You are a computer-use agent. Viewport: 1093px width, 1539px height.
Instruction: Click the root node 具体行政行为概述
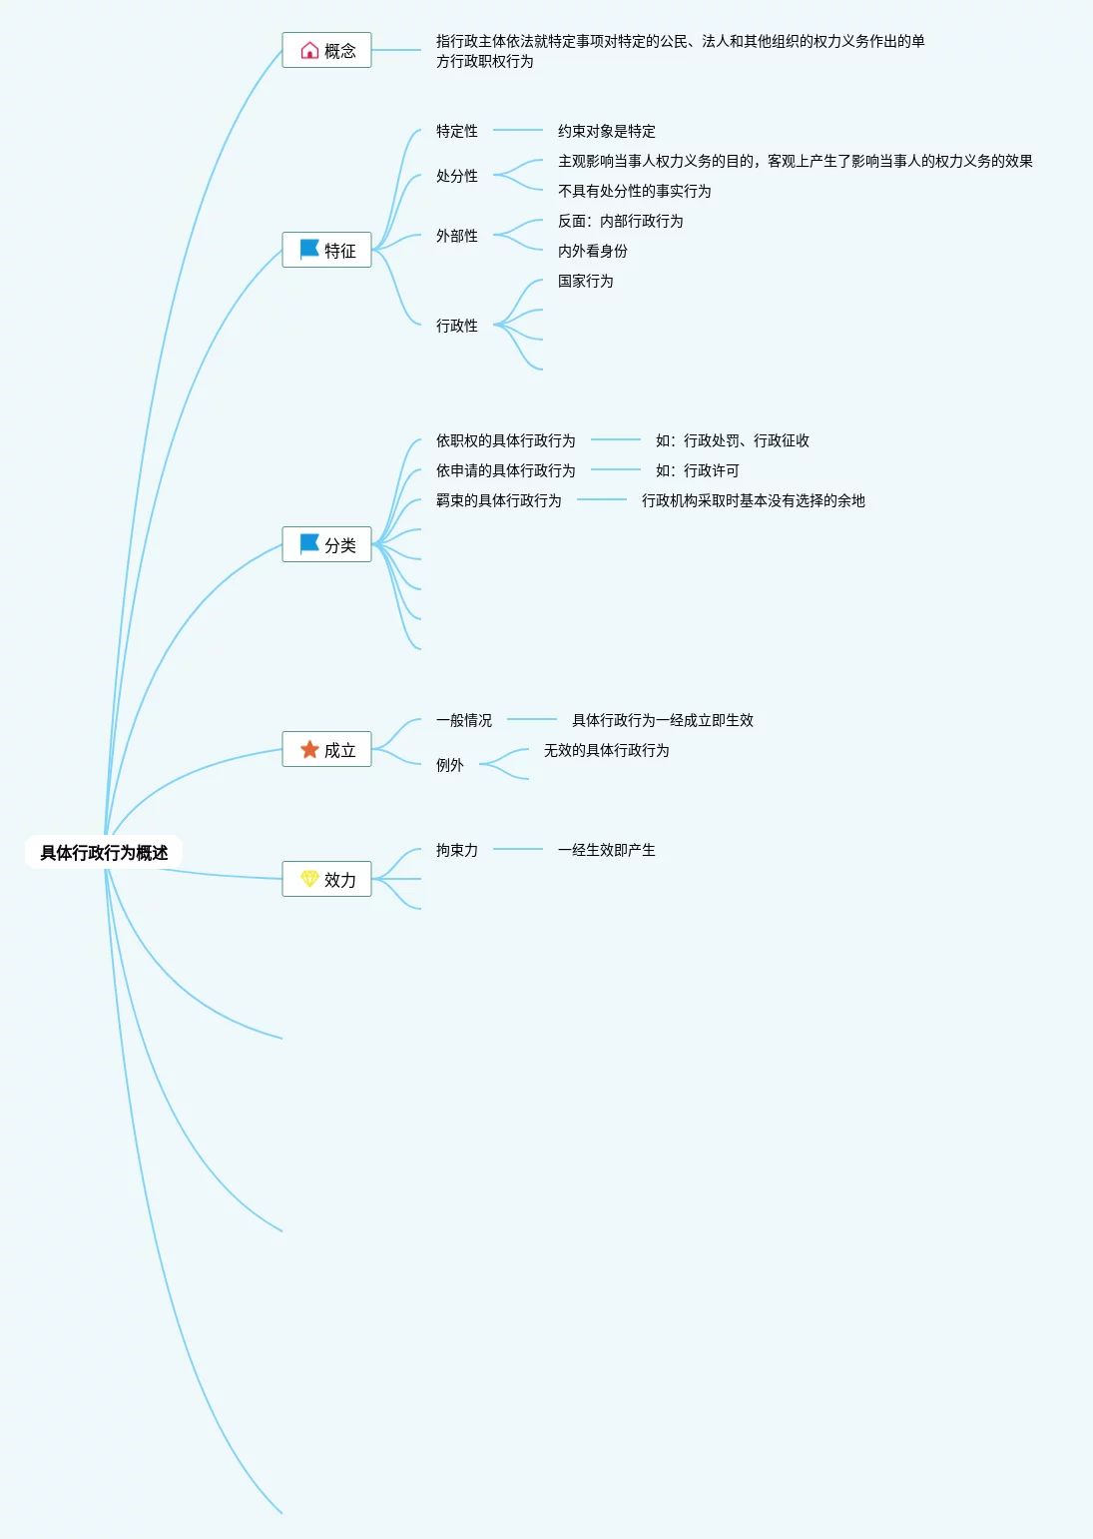click(x=104, y=852)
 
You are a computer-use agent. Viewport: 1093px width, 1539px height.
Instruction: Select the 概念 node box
click(x=326, y=50)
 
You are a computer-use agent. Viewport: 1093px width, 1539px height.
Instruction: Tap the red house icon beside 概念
click(x=309, y=50)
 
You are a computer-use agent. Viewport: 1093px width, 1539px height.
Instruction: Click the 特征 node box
click(x=326, y=250)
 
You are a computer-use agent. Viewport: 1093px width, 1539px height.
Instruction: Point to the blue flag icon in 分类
click(x=309, y=544)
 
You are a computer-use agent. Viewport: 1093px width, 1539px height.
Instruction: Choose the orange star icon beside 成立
click(x=309, y=749)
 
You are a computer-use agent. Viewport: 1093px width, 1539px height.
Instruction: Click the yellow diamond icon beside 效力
click(x=309, y=879)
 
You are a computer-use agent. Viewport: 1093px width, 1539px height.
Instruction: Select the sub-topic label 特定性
click(x=456, y=131)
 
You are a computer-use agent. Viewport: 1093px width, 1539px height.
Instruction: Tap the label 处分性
click(x=456, y=176)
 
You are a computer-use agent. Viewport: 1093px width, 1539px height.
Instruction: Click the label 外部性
click(x=456, y=236)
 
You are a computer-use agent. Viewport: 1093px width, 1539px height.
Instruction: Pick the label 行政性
click(x=456, y=326)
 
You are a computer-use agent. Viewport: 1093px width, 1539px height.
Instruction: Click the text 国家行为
click(x=585, y=281)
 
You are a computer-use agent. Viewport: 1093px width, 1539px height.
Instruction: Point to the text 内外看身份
click(x=592, y=251)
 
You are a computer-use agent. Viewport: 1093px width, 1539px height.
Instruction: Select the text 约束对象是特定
click(x=606, y=131)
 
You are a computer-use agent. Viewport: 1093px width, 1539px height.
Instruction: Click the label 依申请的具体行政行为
click(x=505, y=470)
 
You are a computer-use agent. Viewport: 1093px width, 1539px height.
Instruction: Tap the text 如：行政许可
click(x=697, y=470)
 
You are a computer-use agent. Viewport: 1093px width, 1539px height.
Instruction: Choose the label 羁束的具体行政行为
click(x=498, y=500)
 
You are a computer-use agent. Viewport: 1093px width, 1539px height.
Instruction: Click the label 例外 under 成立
click(x=449, y=765)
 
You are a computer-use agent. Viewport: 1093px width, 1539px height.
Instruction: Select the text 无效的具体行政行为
click(x=606, y=750)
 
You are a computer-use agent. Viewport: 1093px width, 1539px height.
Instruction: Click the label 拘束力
click(x=456, y=850)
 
